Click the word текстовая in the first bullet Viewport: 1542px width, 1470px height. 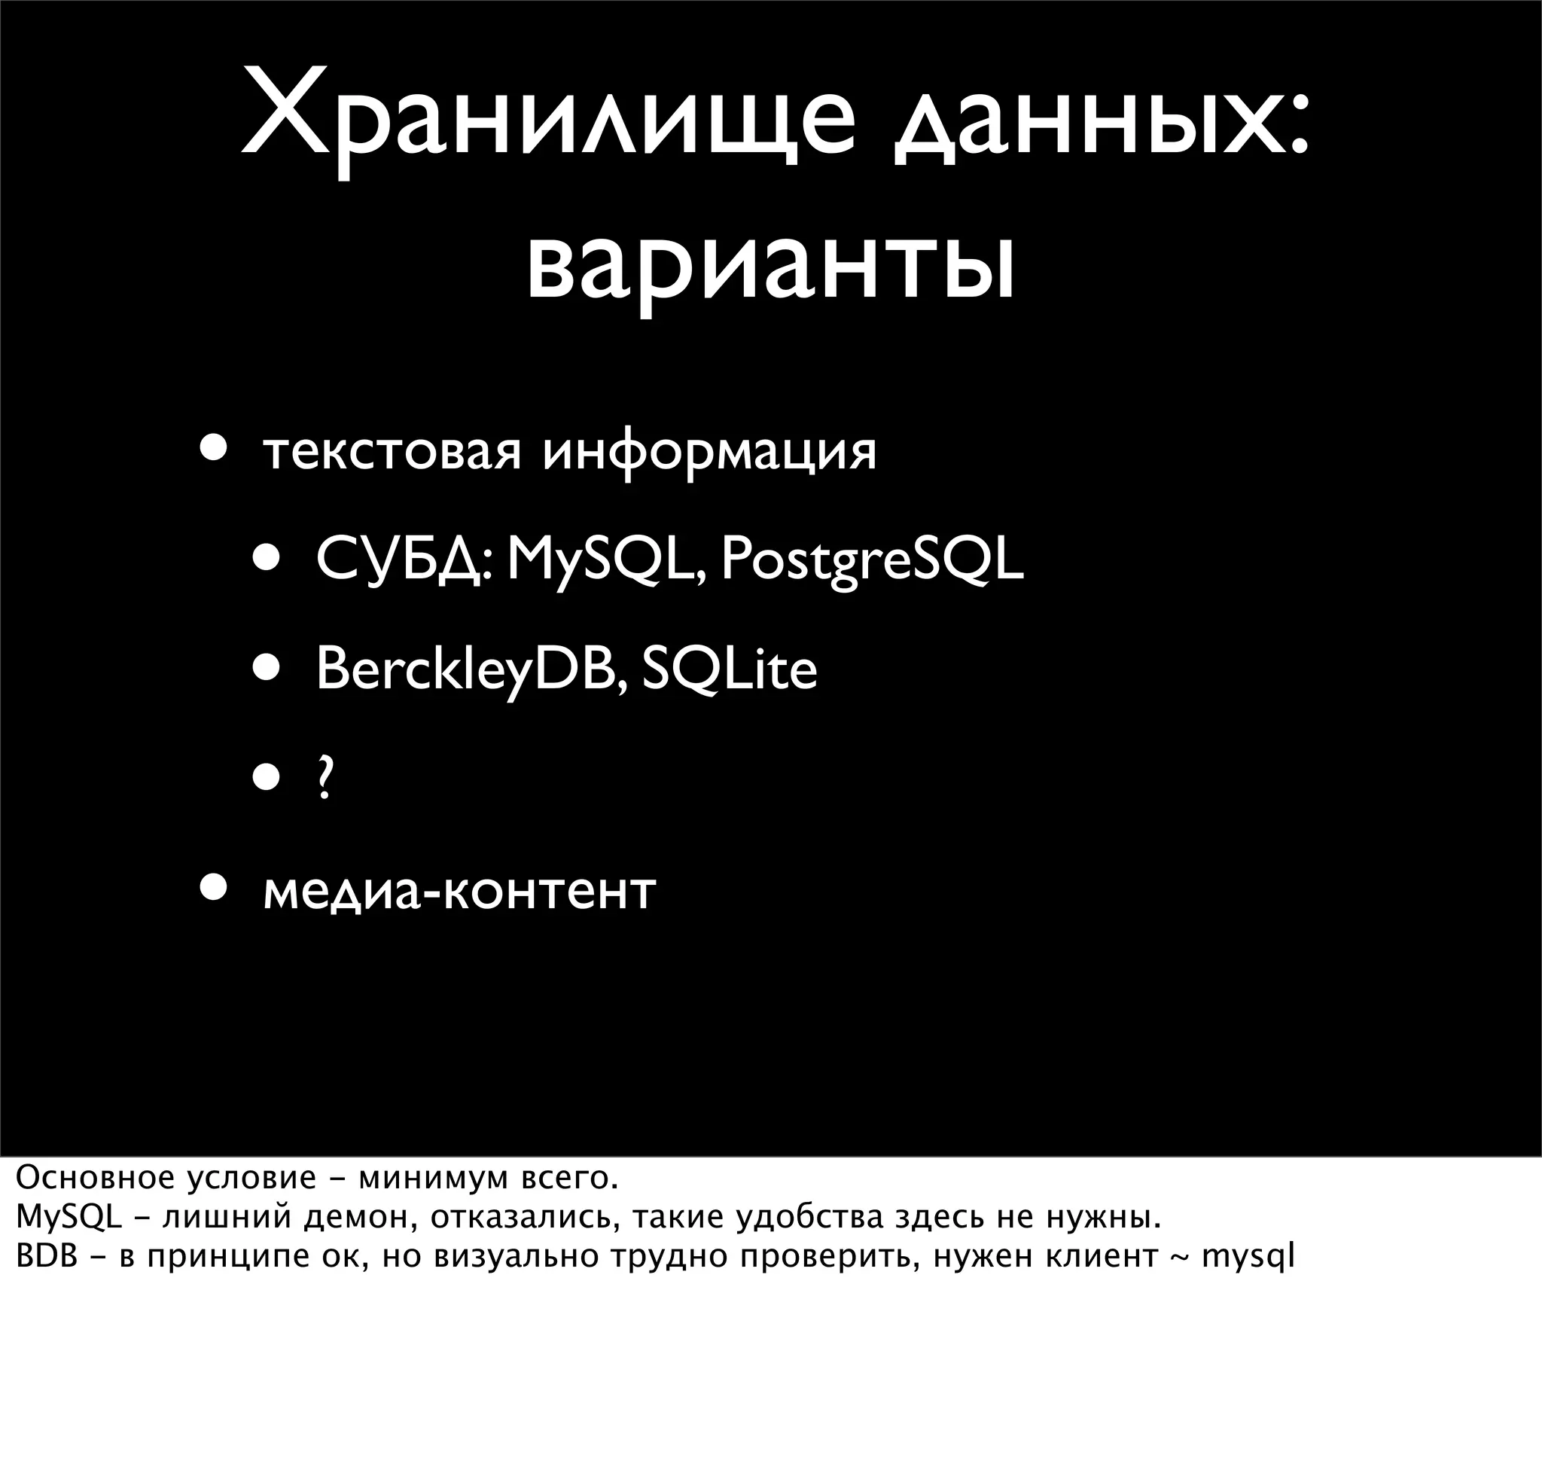point(391,452)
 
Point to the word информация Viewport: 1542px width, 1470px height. point(710,452)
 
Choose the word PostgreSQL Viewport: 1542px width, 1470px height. point(871,561)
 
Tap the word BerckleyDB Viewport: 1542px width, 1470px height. point(470,670)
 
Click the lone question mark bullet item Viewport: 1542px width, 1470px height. point(324,779)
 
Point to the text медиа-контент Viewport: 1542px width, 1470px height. point(459,892)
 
